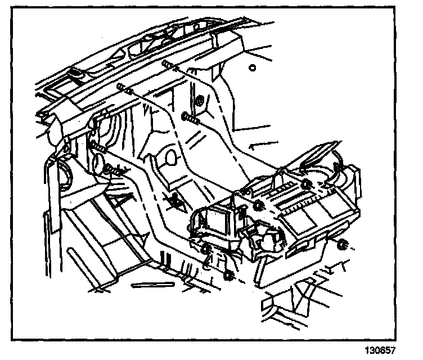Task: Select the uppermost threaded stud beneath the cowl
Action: pyautogui.click(x=170, y=66)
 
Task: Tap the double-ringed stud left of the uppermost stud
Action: pyautogui.click(x=125, y=88)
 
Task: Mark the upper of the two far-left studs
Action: pyautogui.click(x=99, y=148)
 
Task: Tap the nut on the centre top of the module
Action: pyautogui.click(x=258, y=205)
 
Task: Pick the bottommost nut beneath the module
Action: pyautogui.click(x=228, y=276)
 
